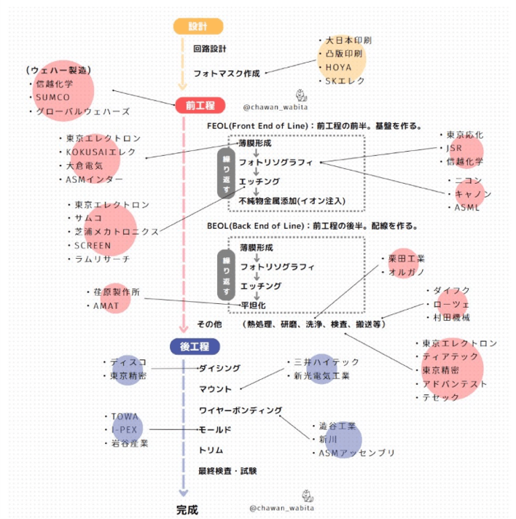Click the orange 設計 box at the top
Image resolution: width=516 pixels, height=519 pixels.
[x=198, y=26]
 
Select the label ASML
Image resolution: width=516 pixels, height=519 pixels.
[x=467, y=208]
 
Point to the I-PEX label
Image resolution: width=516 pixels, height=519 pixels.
[x=123, y=430]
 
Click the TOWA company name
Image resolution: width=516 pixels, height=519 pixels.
[x=125, y=416]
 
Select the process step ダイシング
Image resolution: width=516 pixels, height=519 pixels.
[x=219, y=369]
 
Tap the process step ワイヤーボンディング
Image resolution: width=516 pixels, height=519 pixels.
[x=241, y=410]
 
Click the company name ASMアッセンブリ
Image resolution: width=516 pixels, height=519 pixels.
[x=357, y=453]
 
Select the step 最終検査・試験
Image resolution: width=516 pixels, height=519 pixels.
[x=228, y=471]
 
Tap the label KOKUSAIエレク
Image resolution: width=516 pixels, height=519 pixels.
[x=101, y=152]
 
